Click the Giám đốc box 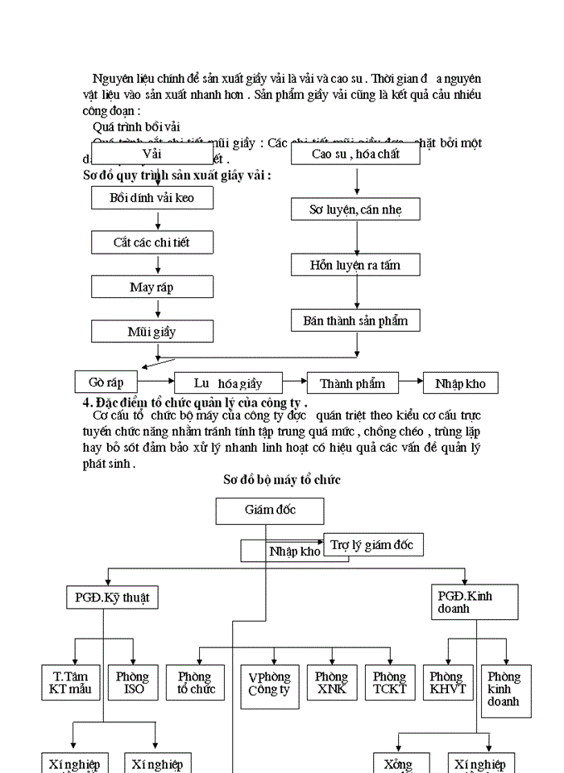coord(270,511)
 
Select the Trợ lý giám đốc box coord(372,545)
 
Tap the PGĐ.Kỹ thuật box coord(112,597)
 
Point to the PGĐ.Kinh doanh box coord(475,602)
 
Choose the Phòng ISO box coord(132,683)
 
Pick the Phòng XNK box coord(331,683)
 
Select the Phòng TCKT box coord(389,683)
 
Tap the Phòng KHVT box coord(448,683)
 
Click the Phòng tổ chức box coord(196,683)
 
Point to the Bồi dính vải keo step coord(152,197)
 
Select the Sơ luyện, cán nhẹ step coord(355,209)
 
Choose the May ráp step coord(152,287)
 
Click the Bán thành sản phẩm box coord(355,320)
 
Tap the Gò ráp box coord(106,380)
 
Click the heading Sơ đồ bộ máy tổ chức coord(282,480)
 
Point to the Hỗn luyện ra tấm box coord(355,264)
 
